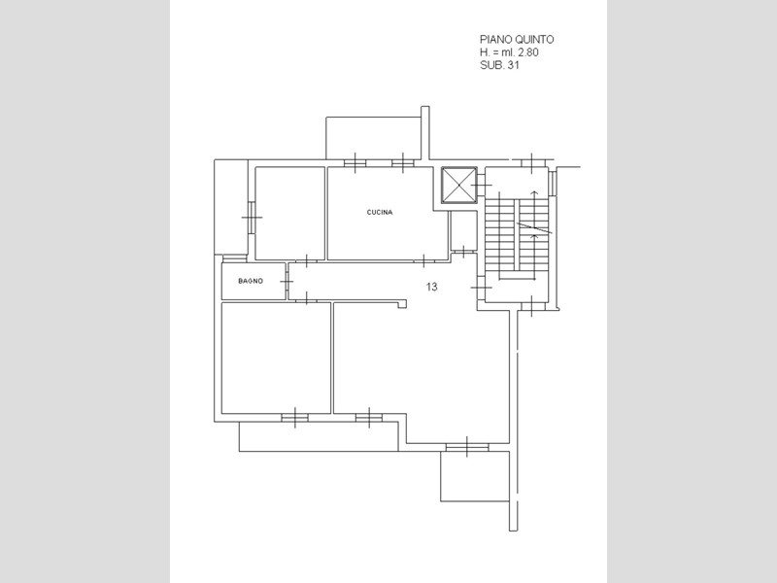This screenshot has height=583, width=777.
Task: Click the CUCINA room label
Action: (x=380, y=212)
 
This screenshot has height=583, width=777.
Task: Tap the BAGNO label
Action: (x=251, y=281)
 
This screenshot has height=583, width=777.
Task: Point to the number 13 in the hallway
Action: (x=431, y=287)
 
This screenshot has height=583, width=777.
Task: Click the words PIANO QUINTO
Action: (x=517, y=39)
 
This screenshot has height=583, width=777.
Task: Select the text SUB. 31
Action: (x=499, y=65)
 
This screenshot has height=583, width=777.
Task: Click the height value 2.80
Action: (x=528, y=52)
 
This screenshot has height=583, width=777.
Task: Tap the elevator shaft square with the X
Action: (x=458, y=186)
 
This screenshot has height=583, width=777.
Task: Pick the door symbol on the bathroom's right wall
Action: (x=287, y=281)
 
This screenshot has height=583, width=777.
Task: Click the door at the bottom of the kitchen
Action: (x=423, y=259)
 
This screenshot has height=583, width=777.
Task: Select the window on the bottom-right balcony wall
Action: (x=467, y=447)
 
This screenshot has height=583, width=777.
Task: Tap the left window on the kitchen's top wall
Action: (x=355, y=162)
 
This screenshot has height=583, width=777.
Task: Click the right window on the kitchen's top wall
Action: (x=403, y=162)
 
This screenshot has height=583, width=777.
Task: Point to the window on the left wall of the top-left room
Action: (x=252, y=217)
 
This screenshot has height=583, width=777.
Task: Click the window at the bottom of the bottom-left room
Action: (x=295, y=418)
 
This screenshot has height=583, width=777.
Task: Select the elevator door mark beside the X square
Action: (x=481, y=186)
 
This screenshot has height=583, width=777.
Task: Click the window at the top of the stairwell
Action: (x=531, y=163)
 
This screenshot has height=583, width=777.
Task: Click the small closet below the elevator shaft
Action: (x=463, y=231)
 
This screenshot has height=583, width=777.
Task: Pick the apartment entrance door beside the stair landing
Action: (x=481, y=288)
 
